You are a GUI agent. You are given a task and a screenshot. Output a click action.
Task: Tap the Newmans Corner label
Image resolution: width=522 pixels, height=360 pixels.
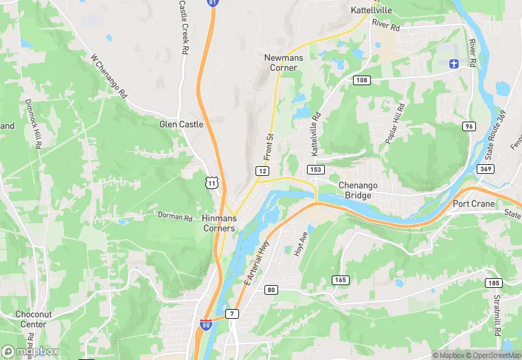[x=280, y=63]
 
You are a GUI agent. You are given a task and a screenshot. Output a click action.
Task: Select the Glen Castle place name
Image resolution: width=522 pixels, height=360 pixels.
[x=181, y=124]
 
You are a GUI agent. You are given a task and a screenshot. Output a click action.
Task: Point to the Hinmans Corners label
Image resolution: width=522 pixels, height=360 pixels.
[x=219, y=223]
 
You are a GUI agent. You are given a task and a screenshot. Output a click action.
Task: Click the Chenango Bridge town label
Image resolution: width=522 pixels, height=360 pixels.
[x=355, y=190]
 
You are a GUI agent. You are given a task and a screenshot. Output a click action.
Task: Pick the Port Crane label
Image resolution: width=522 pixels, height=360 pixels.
[x=475, y=204]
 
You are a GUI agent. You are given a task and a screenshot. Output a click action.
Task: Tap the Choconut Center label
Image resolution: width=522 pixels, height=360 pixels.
[x=33, y=319]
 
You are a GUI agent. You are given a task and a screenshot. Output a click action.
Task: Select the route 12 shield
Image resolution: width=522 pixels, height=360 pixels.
[x=262, y=170]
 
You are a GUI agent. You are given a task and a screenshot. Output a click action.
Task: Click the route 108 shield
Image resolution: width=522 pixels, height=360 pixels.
[x=362, y=80]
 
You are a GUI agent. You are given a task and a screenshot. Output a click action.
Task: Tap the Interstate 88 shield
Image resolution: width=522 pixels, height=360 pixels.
[x=206, y=324]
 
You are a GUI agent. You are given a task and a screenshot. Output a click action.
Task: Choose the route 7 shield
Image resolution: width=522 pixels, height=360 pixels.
[x=231, y=314]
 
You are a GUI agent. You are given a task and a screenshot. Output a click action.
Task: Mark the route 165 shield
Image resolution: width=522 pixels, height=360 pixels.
[x=340, y=280]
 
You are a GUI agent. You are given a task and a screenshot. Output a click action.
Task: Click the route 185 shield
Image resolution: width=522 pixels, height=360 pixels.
[x=493, y=282]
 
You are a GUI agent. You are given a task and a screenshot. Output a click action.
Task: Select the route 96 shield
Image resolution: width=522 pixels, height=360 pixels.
[x=469, y=126]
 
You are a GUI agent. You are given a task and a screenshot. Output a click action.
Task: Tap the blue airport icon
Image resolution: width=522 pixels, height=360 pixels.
[x=453, y=64]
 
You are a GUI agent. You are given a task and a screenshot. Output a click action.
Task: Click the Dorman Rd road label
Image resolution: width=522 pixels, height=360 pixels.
[x=175, y=217]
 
